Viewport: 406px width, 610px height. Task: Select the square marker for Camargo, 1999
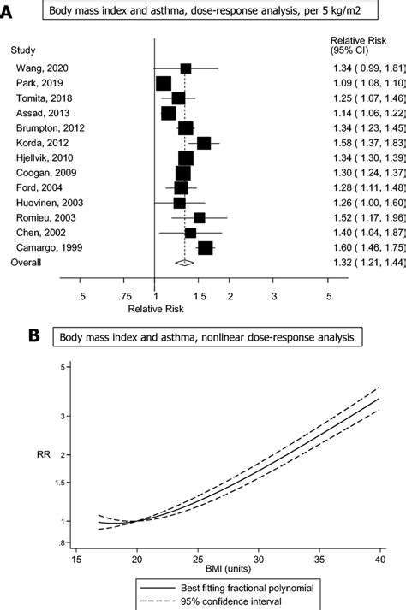click(206, 247)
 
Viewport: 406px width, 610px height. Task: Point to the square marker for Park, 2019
click(164, 83)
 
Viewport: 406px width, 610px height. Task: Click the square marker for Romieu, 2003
click(199, 217)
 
